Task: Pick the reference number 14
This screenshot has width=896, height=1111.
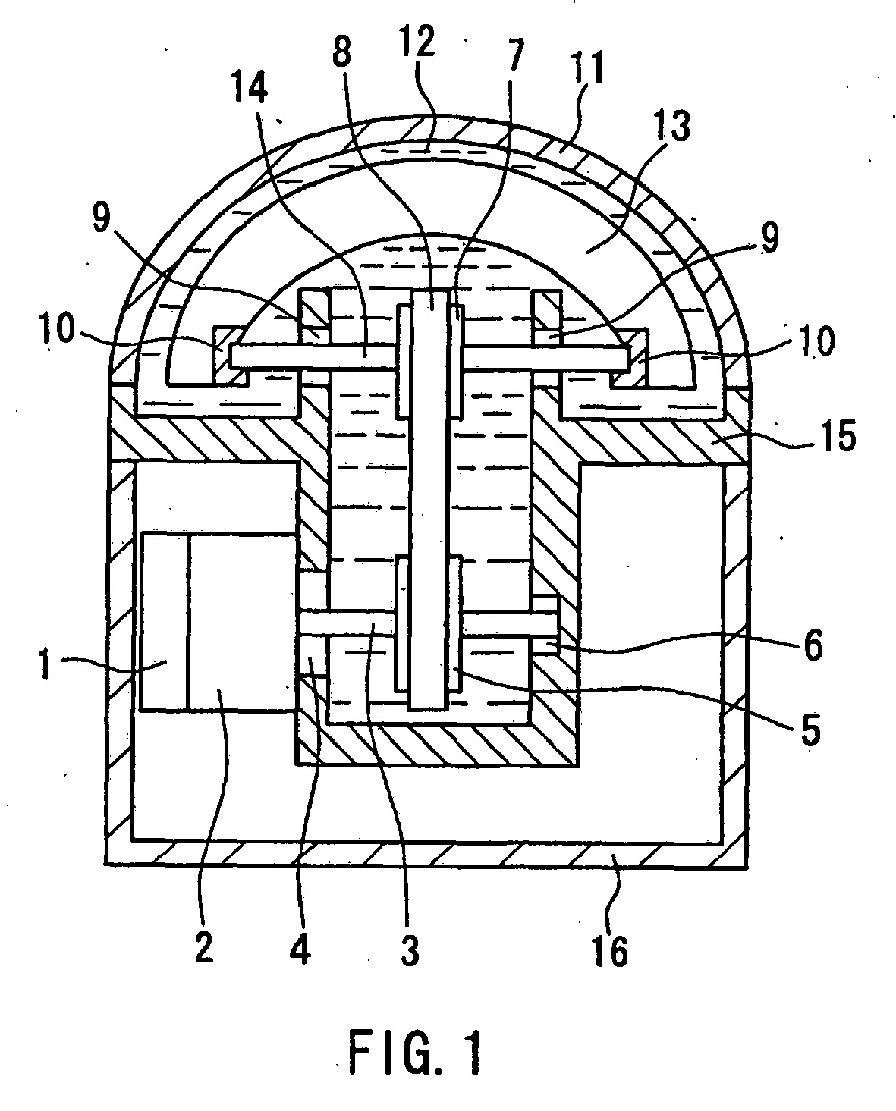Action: [255, 89]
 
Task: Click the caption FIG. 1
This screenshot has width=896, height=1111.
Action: [415, 1053]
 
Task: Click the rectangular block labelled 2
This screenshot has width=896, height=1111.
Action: [241, 622]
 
